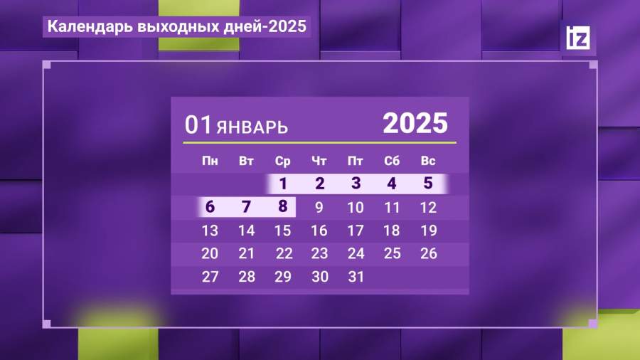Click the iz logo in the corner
577,38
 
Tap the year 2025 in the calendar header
415,123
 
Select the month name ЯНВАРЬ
252,128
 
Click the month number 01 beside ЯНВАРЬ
198,125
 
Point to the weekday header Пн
210,161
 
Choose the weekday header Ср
282,162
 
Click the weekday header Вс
428,161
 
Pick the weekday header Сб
392,161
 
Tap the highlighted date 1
282,184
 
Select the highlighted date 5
428,184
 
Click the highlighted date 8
282,206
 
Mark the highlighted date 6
210,206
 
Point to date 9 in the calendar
319,208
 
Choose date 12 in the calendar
428,208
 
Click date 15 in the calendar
282,231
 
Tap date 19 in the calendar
429,231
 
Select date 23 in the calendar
319,253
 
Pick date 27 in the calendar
210,277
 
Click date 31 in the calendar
356,277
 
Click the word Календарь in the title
90,27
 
